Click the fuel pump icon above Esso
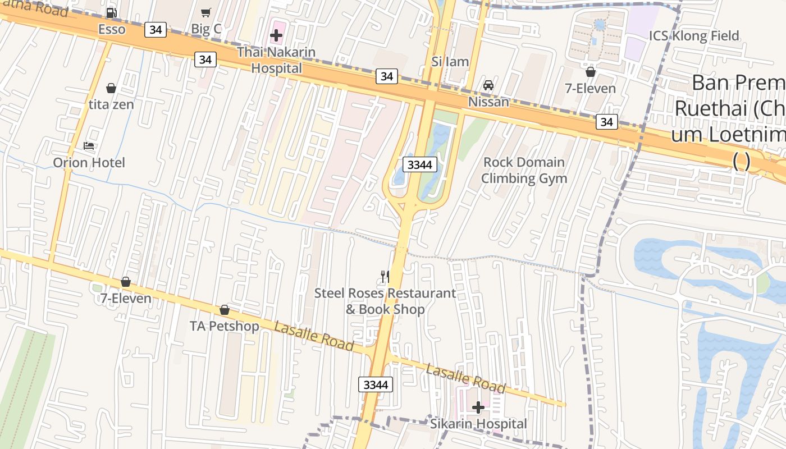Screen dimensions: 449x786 (111, 13)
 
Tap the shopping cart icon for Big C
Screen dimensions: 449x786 (206, 13)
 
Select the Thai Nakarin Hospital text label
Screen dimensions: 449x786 (276, 60)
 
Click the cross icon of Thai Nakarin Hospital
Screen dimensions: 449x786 (276, 36)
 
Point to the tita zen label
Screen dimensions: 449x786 (111, 104)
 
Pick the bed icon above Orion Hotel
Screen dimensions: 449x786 (89, 146)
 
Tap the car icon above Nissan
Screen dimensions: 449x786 (488, 85)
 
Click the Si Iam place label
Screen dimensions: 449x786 (450, 62)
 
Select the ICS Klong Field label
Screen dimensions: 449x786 (694, 36)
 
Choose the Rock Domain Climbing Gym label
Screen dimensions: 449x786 (524, 170)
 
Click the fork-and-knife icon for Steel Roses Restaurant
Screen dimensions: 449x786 (385, 276)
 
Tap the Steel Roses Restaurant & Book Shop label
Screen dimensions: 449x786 (385, 301)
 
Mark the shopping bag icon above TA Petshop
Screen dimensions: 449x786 (225, 310)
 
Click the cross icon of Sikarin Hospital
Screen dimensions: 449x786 (478, 407)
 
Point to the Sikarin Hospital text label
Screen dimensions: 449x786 (478, 424)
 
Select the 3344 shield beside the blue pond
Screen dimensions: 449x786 (419, 164)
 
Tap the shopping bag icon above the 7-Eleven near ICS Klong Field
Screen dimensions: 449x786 (590, 72)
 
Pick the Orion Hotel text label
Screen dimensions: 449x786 (89, 163)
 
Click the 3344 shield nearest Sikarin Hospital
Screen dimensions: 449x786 (375, 384)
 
